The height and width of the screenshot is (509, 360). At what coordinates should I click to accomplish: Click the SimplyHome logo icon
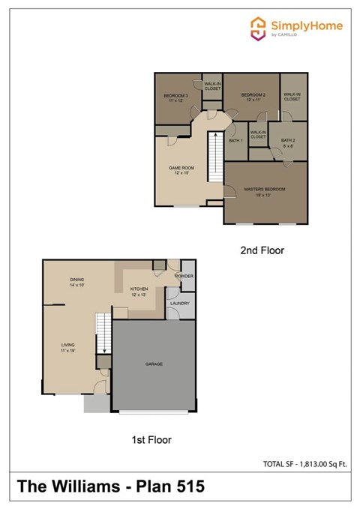point(258,28)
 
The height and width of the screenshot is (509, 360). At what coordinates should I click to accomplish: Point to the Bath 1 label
point(235,140)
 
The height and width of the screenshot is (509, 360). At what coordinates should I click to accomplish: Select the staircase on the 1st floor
point(103,334)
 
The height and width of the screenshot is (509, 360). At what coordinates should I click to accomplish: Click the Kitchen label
point(139,291)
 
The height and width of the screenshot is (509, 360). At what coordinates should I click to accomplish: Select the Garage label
point(154,364)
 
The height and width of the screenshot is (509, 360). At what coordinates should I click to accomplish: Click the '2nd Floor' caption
point(262,250)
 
